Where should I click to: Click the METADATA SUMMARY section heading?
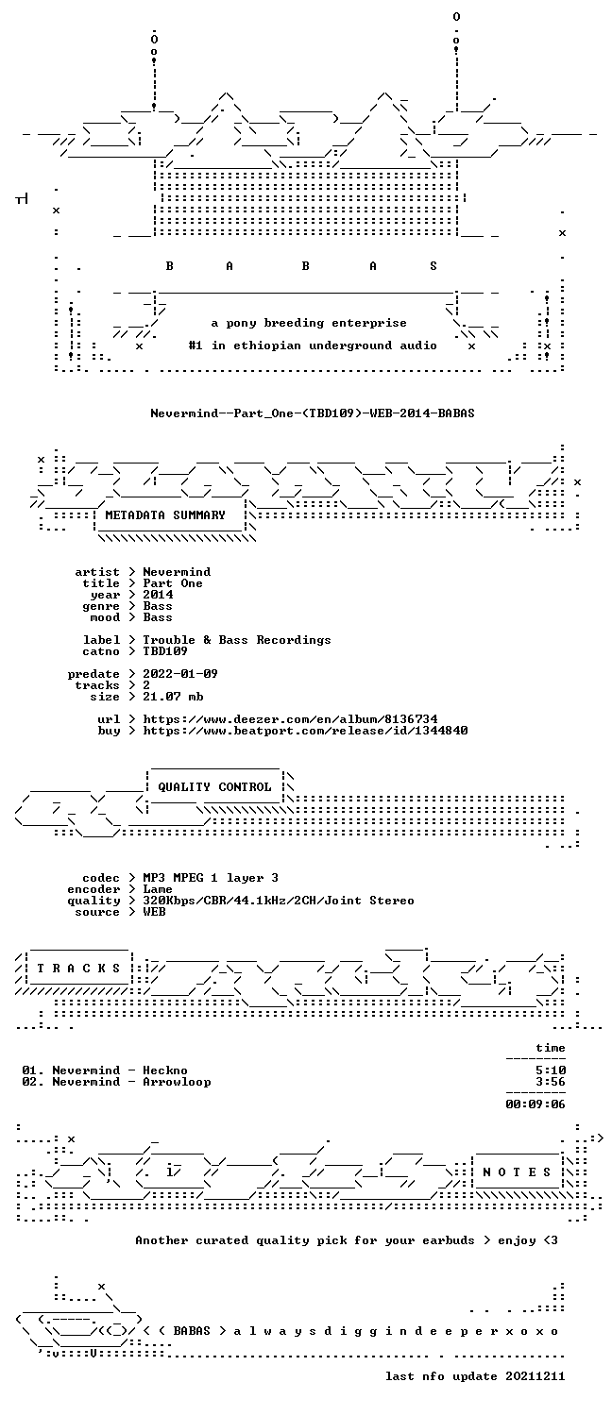point(165,515)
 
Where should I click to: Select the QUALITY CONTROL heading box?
point(214,787)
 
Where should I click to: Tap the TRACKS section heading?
point(78,969)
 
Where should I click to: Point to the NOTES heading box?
point(517,1172)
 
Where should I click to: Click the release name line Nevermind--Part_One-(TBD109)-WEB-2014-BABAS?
point(313,413)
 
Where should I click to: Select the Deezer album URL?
point(290,719)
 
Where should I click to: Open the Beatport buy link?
point(305,731)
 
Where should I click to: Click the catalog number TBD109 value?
point(165,651)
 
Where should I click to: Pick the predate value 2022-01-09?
point(180,674)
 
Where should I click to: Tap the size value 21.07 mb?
point(173,697)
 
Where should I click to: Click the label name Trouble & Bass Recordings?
point(237,640)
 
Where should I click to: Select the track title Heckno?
point(165,1070)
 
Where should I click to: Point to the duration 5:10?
point(551,1070)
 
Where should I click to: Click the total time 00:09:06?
point(535,1104)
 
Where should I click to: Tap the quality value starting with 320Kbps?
point(279,901)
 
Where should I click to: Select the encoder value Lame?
point(158,889)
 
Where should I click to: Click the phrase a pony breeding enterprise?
point(309,323)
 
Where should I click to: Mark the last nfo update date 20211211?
point(535,1376)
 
